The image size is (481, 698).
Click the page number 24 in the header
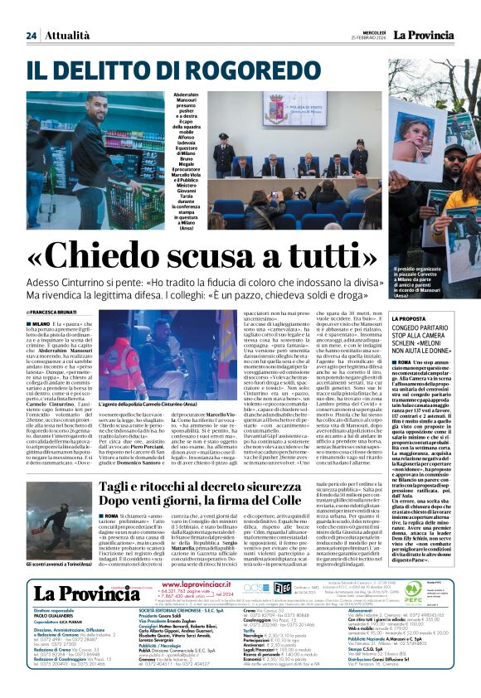(x=31, y=12)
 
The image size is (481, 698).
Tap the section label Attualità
(x=67, y=12)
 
